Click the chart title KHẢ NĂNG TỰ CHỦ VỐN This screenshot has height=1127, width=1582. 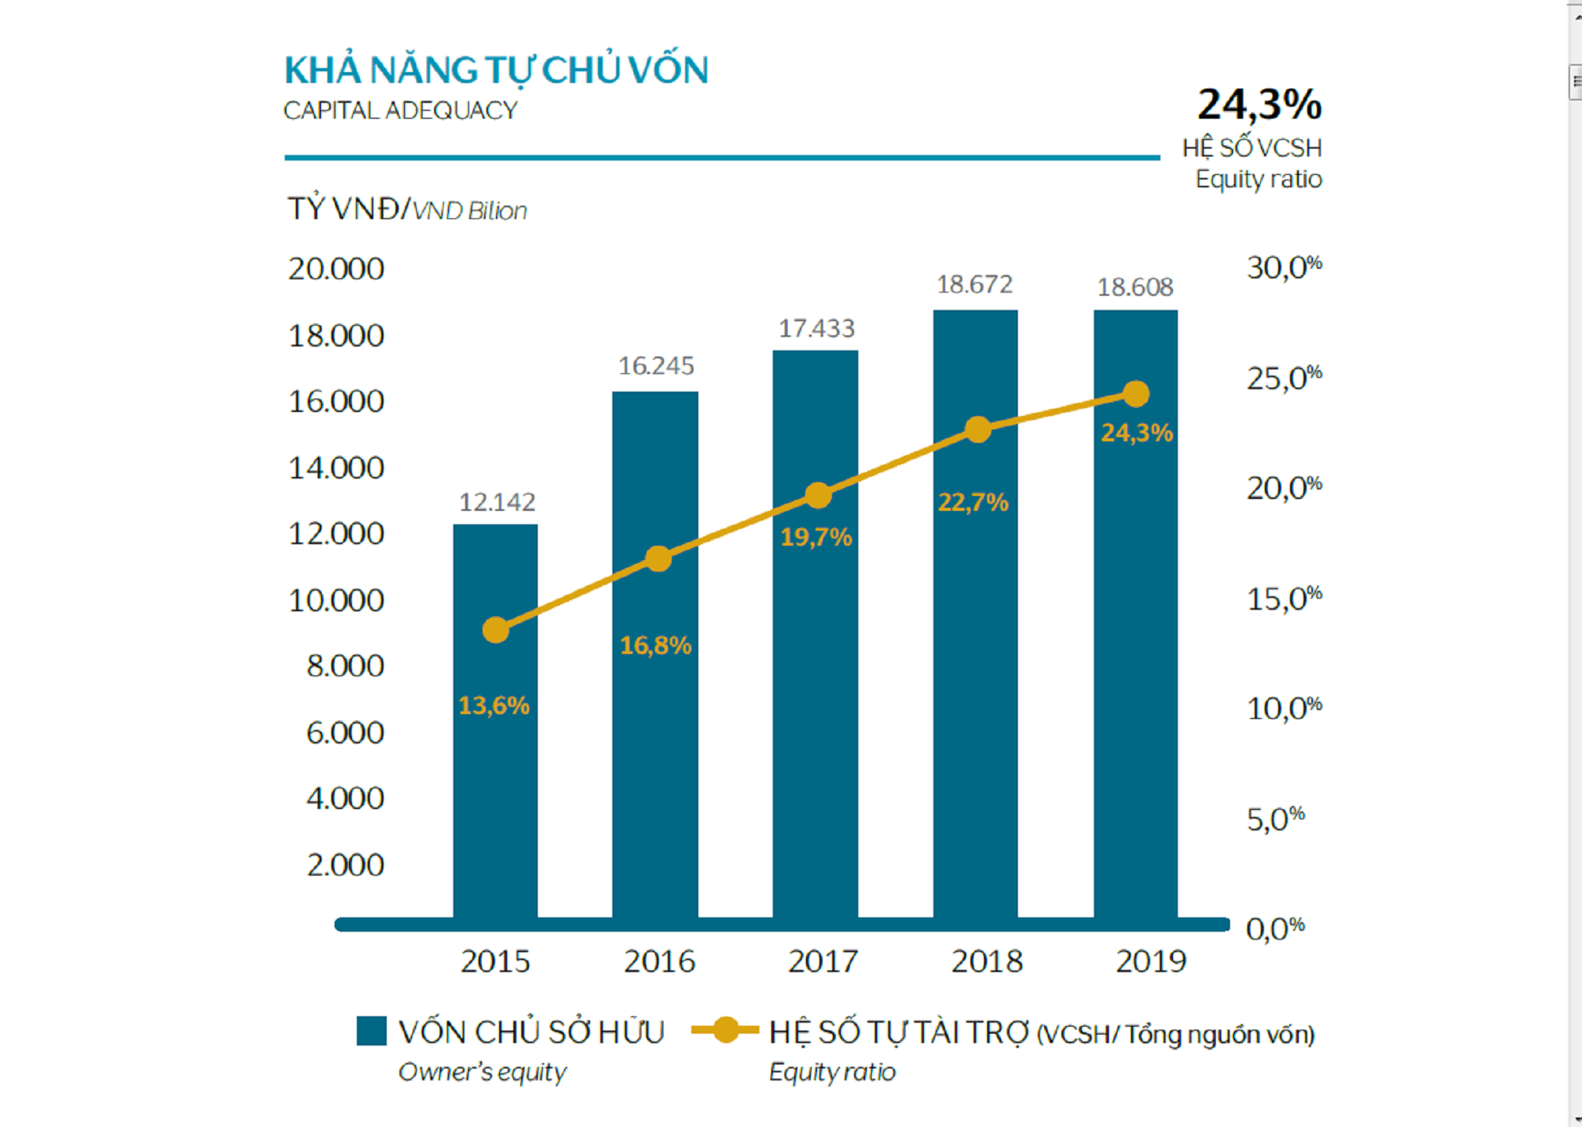click(496, 70)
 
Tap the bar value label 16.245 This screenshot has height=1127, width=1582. click(656, 366)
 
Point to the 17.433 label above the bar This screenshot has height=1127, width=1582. click(816, 328)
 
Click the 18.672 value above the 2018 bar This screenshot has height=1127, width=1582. click(975, 285)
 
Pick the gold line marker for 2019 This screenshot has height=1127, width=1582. click(1136, 394)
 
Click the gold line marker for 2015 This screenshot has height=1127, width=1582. click(496, 630)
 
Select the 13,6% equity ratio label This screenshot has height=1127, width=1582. click(494, 705)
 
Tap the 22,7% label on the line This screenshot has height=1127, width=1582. click(973, 502)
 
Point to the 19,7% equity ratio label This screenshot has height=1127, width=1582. click(816, 538)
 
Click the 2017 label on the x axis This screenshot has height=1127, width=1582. click(823, 962)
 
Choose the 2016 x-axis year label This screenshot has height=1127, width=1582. click(660, 962)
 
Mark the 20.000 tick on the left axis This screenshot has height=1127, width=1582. click(336, 270)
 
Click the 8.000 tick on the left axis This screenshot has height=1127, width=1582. click(345, 666)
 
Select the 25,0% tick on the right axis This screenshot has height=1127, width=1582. click(1284, 379)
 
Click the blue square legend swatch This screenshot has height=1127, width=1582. click(372, 1031)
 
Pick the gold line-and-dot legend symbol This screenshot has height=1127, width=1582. click(725, 1031)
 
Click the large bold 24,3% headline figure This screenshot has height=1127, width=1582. click(1258, 104)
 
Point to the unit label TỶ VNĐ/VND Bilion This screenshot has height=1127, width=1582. click(407, 210)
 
